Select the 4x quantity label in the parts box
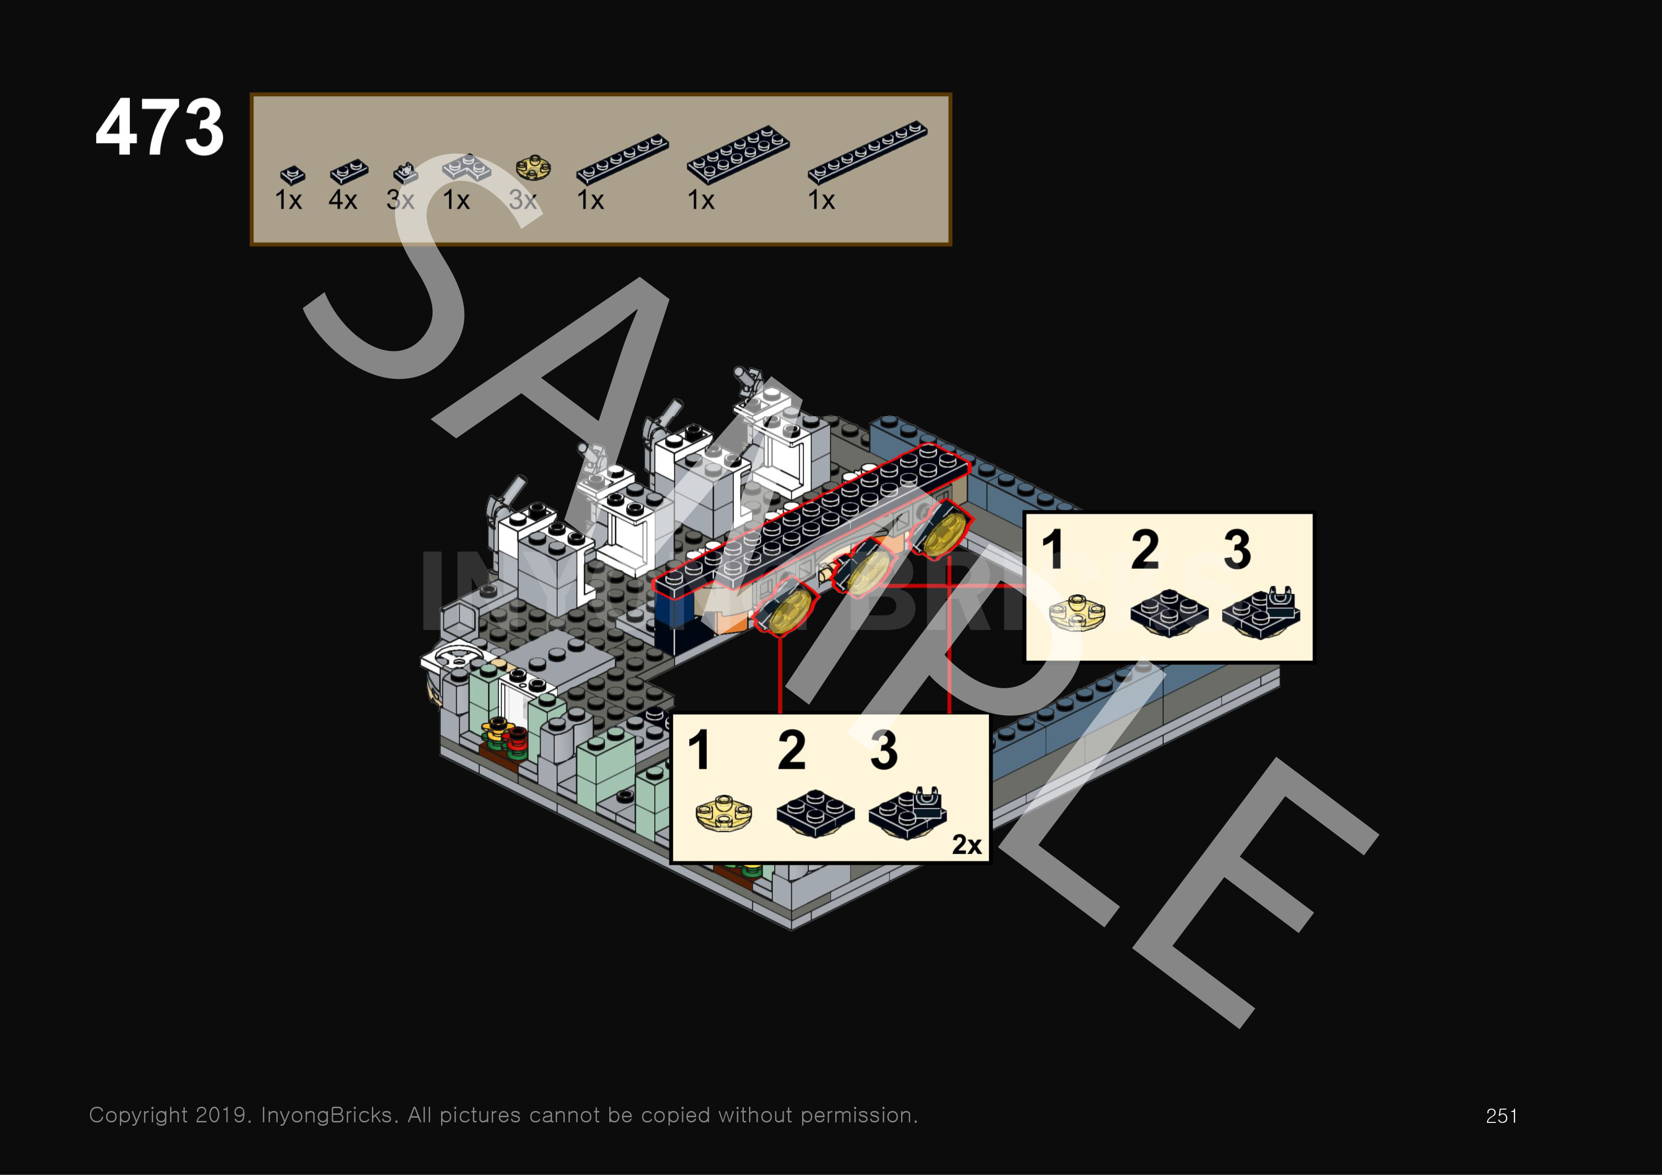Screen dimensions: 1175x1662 [343, 200]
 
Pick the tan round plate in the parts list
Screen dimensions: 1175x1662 [533, 168]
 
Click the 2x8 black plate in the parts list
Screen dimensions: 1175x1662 [738, 154]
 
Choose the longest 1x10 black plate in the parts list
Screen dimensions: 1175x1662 [867, 151]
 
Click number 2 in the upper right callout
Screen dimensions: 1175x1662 [1145, 550]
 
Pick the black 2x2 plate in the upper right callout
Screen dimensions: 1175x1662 [1168, 612]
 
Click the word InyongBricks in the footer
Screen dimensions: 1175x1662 [328, 1115]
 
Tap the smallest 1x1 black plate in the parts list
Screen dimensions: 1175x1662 [292, 174]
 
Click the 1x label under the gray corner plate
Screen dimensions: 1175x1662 [456, 200]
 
